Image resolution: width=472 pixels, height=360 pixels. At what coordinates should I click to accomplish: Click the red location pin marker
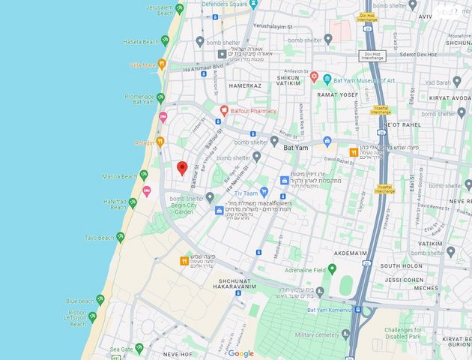pos(181,167)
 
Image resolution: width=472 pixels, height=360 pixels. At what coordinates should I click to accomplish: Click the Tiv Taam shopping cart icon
pos(263,192)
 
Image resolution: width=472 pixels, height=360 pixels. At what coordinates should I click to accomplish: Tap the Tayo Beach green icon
pos(120,237)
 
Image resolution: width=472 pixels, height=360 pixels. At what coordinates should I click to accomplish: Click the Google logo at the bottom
pos(240,353)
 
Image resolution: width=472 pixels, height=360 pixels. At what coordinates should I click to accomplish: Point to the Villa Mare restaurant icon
pos(162,64)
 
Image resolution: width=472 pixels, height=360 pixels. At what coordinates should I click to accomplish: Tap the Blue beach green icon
pos(100,299)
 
